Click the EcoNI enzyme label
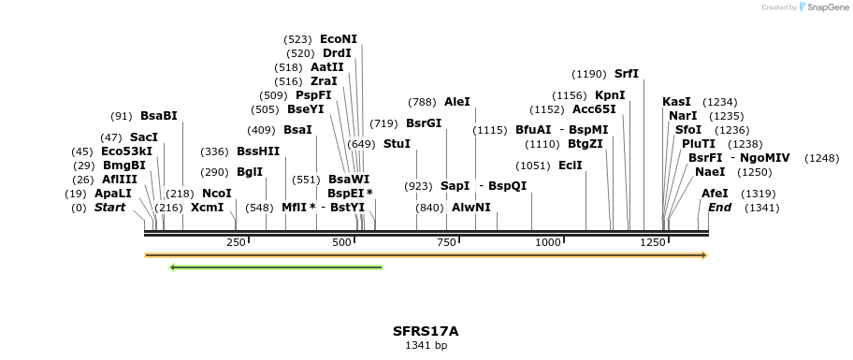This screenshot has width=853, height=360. (x=339, y=39)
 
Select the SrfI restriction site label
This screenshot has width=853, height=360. (x=627, y=74)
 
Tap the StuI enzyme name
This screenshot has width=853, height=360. (x=397, y=144)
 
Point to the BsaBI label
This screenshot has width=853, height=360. (x=159, y=116)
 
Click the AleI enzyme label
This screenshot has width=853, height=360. (x=457, y=102)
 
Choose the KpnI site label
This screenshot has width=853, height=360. (x=610, y=95)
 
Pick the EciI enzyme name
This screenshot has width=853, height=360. (x=571, y=166)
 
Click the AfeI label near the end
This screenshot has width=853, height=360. (x=715, y=194)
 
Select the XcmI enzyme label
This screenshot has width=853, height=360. (x=208, y=208)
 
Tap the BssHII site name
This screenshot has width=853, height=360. (x=258, y=151)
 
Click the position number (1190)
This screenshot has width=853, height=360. (x=590, y=74)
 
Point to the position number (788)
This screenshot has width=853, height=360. (x=423, y=102)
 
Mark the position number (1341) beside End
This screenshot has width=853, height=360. (x=761, y=208)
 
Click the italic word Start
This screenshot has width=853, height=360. (x=109, y=208)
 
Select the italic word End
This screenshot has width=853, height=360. (x=719, y=208)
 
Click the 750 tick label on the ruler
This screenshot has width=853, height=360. (x=446, y=242)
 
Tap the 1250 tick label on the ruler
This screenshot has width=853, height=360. (x=653, y=242)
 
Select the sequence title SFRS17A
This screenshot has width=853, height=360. (x=426, y=331)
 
